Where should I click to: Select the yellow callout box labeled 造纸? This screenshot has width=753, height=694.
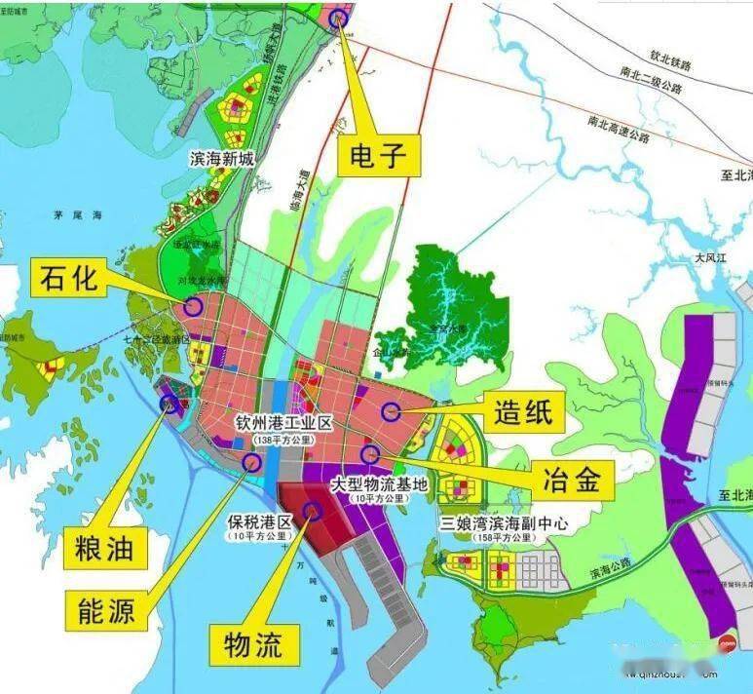[x=521, y=411]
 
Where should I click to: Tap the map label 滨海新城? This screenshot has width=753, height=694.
[x=223, y=157]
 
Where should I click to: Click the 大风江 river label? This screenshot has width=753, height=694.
[x=713, y=258]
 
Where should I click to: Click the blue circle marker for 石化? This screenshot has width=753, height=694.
[x=193, y=306]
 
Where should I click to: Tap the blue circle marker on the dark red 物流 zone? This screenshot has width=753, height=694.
[x=312, y=509]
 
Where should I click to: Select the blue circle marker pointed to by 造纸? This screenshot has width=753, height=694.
[x=391, y=411]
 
